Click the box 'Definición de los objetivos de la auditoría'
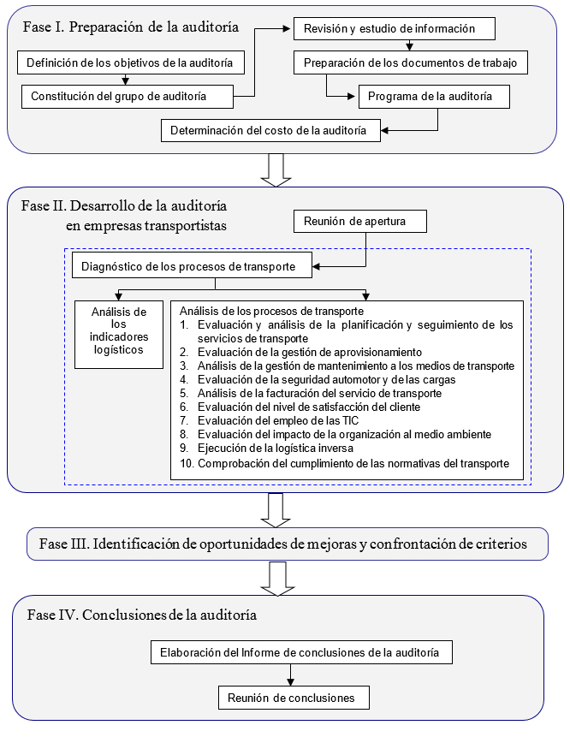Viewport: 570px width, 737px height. point(131,62)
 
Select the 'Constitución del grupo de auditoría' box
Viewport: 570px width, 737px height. point(127,96)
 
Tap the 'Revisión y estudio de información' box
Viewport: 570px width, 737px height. point(395,29)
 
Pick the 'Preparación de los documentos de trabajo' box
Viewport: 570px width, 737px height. point(411,62)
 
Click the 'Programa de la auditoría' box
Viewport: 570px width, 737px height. point(434,97)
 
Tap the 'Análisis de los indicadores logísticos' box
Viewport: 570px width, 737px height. point(119,332)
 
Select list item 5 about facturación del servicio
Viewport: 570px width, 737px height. point(319,393)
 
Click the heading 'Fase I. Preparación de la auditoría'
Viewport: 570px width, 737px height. point(130,27)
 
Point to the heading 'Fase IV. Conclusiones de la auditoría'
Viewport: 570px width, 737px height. point(142,615)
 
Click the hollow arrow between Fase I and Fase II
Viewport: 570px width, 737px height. point(276,169)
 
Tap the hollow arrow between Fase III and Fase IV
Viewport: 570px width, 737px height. point(276,578)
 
